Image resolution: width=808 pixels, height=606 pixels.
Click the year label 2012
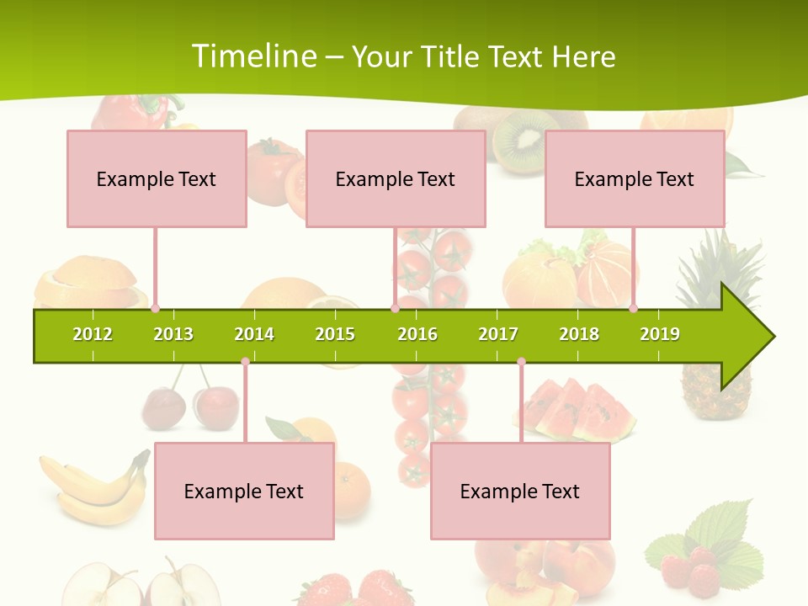coord(93,334)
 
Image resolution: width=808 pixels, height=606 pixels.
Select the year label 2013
coord(173,334)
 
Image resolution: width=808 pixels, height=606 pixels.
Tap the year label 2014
coord(254,334)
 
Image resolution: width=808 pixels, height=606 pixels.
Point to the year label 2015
coord(335,334)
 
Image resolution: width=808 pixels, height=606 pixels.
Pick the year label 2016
coord(417,334)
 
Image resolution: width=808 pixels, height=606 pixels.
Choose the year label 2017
coord(498,334)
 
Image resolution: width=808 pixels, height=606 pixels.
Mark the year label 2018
coord(579,334)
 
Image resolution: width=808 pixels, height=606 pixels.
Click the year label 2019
coord(660,334)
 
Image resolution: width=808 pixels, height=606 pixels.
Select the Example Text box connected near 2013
coord(157,178)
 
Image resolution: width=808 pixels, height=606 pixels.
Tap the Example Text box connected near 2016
coord(396,178)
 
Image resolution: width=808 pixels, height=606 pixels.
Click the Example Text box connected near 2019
coord(635,178)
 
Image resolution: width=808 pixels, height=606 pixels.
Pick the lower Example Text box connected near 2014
coord(244,491)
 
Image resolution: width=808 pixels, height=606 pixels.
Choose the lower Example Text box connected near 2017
coord(520,491)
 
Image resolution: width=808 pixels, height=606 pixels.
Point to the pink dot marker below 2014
coord(245,362)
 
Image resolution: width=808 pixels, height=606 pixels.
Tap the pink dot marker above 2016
coord(395,308)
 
